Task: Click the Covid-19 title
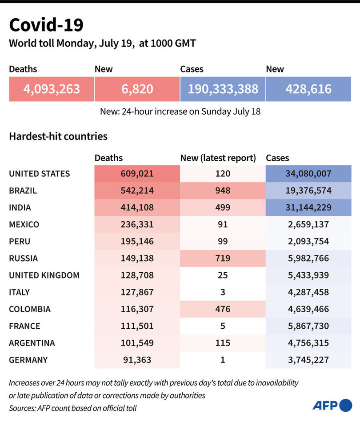(x=46, y=25)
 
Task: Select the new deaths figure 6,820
(x=137, y=89)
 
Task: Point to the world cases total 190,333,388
(x=223, y=89)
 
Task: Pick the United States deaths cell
(x=137, y=174)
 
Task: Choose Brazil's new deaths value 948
(x=222, y=191)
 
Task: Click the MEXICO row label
(x=24, y=224)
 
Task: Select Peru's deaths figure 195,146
(x=137, y=241)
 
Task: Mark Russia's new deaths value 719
(x=222, y=258)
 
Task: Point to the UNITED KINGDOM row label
(x=44, y=275)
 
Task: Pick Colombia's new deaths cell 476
(x=222, y=309)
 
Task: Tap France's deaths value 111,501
(x=137, y=326)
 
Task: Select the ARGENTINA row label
(x=32, y=343)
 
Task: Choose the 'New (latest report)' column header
(x=218, y=158)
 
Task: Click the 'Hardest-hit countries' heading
(x=58, y=136)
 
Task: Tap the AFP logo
(x=332, y=405)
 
